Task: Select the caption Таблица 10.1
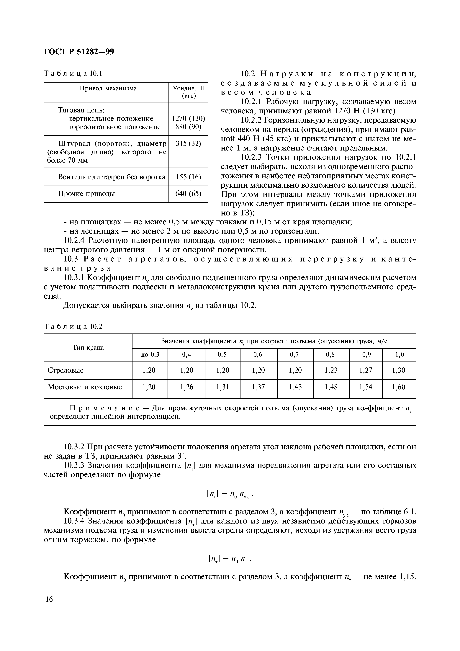(x=73, y=74)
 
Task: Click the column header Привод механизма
(x=108, y=89)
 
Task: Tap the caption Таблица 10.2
(x=73, y=327)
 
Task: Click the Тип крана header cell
(x=88, y=348)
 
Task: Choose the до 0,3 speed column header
(x=150, y=355)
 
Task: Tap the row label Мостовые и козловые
(x=85, y=387)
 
